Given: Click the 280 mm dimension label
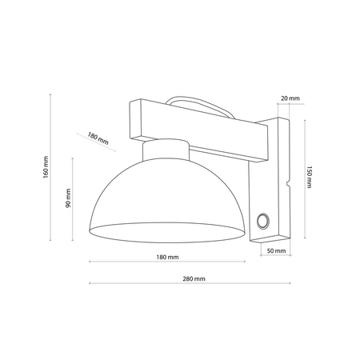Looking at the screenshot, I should tap(194, 278).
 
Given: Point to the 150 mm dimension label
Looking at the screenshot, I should tap(308, 177).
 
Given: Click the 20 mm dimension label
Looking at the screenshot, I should tap(290, 98).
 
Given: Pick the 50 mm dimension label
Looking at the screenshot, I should tap(274, 251).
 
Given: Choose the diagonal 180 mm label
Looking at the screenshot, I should tap(98, 137).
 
